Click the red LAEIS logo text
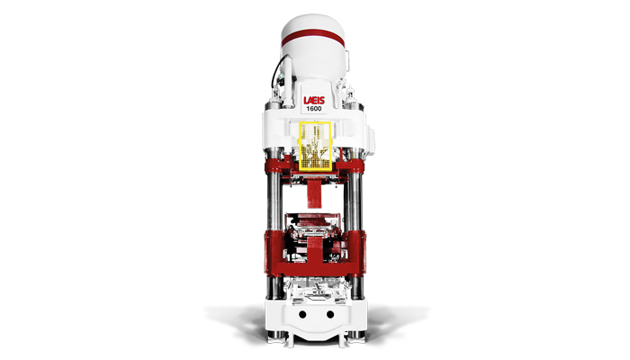pos(314,101)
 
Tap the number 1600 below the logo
pos(314,109)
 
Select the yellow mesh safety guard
pos(315,146)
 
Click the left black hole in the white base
pos(302,314)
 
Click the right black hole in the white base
pos(330,314)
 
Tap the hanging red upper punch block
pos(315,193)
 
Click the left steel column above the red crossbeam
pos(275,202)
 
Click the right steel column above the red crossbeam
pos(353,202)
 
